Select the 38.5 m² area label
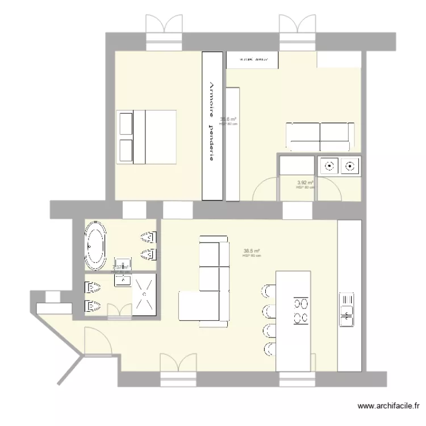click(x=252, y=250)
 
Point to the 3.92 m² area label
click(x=306, y=183)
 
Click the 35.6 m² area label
click(x=228, y=119)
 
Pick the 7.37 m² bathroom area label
click(x=120, y=267)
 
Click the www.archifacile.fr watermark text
click(x=389, y=406)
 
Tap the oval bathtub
click(x=95, y=246)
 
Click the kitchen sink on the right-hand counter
click(x=346, y=310)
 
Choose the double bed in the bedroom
click(x=146, y=137)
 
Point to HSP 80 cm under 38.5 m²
click(x=252, y=256)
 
